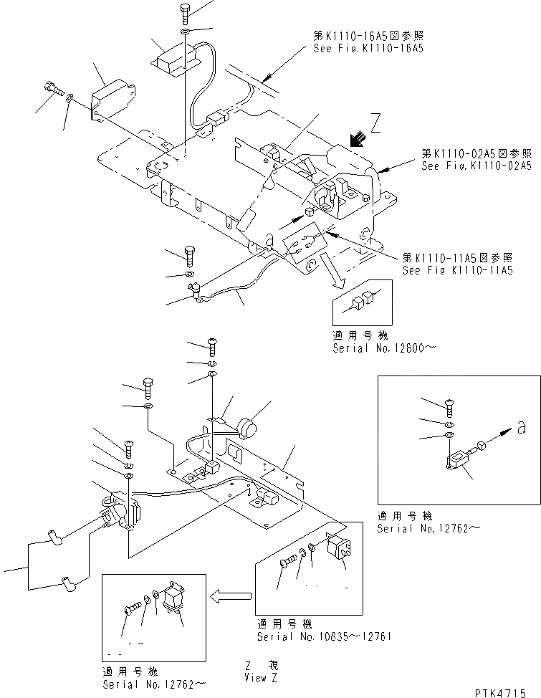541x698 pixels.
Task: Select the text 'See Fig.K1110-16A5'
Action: (x=368, y=49)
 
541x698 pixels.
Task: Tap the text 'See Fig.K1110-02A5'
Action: (x=477, y=166)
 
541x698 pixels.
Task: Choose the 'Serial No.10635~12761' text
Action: (x=323, y=636)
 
